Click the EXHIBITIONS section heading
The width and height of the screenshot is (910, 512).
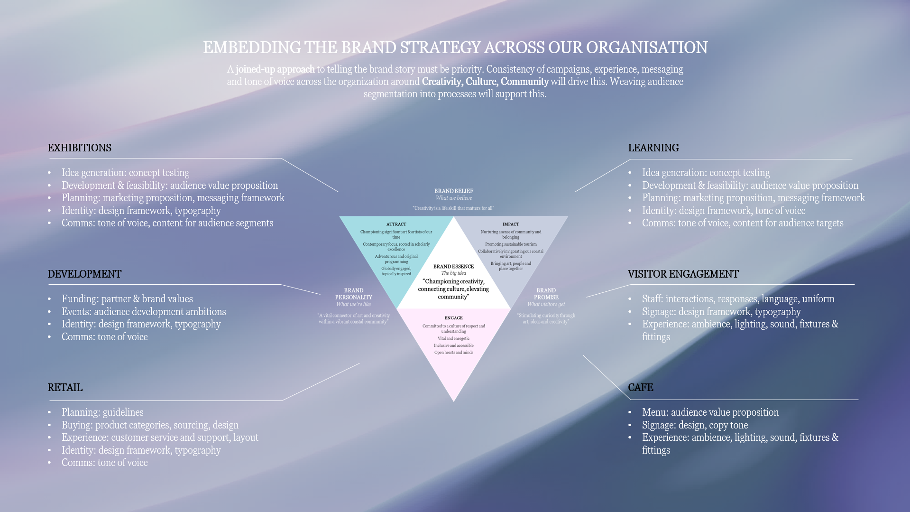coord(79,148)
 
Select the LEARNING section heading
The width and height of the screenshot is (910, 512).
coord(653,148)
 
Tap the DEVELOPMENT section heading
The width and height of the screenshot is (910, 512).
coord(84,274)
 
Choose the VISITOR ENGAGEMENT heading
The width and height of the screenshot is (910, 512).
coord(683,274)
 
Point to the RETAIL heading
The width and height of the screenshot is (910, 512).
coord(65,388)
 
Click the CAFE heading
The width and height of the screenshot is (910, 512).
coord(640,388)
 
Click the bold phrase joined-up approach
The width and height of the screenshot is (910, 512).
coord(275,69)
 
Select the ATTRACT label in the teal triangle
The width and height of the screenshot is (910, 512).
coord(396,224)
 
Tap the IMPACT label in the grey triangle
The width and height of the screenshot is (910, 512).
coord(511,224)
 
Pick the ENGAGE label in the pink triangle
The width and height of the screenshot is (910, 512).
coord(453,318)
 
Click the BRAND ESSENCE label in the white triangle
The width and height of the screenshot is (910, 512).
coord(453,267)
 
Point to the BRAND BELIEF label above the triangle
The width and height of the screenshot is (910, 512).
coord(454,191)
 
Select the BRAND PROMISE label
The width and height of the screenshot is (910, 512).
coord(546,294)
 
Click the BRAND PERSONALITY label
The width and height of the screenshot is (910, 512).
coord(353,294)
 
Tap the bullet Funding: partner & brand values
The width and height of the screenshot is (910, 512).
coord(127,299)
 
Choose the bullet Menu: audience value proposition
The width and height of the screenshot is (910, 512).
coord(710,412)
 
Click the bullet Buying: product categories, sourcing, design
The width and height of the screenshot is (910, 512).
coord(150,425)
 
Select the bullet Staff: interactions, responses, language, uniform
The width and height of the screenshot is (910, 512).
coord(738,299)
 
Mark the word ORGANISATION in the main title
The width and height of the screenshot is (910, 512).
coord(647,48)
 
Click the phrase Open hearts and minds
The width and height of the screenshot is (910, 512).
coord(453,353)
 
